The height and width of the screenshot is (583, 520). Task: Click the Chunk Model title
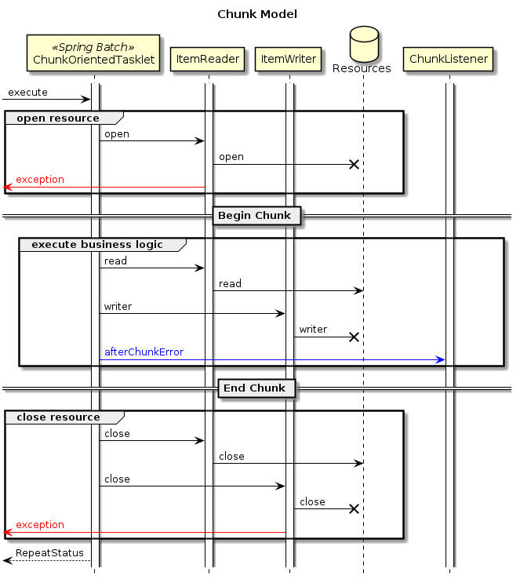point(257,14)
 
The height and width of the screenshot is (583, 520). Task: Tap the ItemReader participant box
point(209,59)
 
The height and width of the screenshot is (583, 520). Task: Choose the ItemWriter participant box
point(289,59)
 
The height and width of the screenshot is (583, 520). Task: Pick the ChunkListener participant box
point(449,59)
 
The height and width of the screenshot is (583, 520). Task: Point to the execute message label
point(27,93)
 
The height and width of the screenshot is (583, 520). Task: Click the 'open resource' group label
point(58,118)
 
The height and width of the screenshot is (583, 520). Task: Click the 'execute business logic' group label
point(96,244)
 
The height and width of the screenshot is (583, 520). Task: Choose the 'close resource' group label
point(58,417)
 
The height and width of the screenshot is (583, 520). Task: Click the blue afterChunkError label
point(144,352)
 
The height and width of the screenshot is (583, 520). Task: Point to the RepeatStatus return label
point(49,553)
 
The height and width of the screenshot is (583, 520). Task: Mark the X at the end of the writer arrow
point(354,337)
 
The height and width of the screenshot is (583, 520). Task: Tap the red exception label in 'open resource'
point(40,180)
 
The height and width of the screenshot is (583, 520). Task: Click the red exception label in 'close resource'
point(40,524)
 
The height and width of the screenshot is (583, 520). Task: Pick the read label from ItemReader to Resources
point(230,283)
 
